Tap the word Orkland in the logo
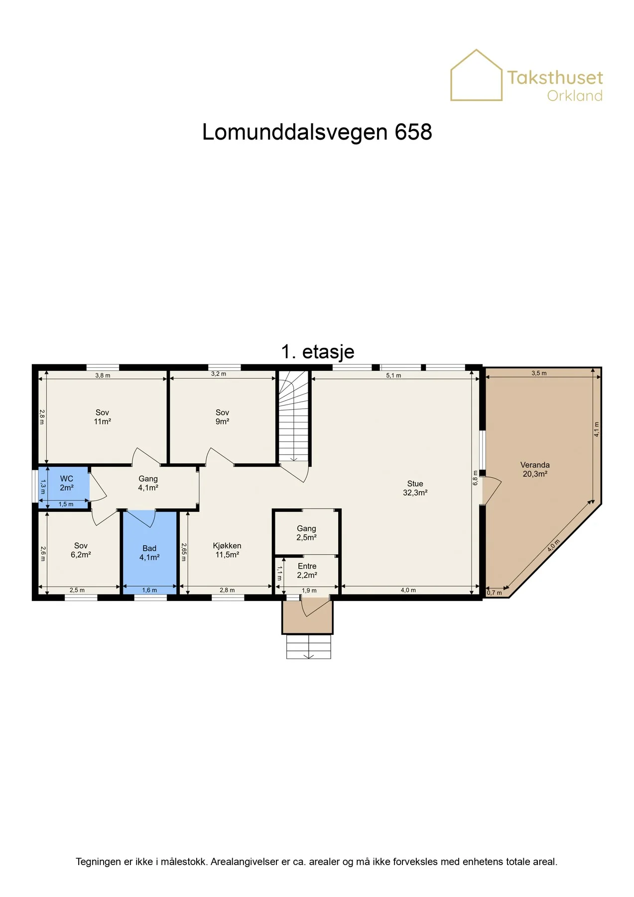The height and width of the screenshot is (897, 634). click(575, 96)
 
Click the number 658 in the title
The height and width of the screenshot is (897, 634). click(413, 132)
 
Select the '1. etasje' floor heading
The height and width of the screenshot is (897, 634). click(318, 352)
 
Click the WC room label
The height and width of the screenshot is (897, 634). click(67, 483)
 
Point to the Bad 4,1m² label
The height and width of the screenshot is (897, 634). click(149, 553)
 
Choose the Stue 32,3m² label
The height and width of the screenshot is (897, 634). click(415, 488)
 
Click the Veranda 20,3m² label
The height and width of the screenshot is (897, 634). click(535, 469)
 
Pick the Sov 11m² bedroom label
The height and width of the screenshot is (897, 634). click(102, 417)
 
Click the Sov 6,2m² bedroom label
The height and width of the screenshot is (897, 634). click(81, 550)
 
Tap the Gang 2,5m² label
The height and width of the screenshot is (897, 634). click(306, 533)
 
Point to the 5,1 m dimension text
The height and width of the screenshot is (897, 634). click(393, 376)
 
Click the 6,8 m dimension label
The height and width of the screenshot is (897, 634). click(475, 477)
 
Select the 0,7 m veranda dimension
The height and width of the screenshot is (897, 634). click(495, 593)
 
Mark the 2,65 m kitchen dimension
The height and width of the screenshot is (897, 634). click(184, 552)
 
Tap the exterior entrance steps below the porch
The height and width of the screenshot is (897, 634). click(309, 646)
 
